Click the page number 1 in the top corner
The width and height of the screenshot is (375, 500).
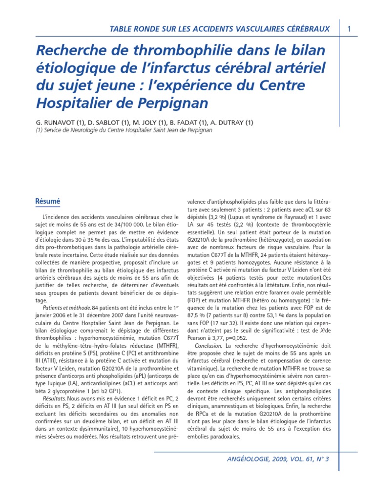tap(350, 29)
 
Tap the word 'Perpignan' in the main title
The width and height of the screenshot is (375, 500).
tap(168, 104)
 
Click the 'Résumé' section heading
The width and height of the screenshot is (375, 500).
tap(48, 201)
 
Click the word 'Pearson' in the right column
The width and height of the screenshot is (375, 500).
tap(199, 338)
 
